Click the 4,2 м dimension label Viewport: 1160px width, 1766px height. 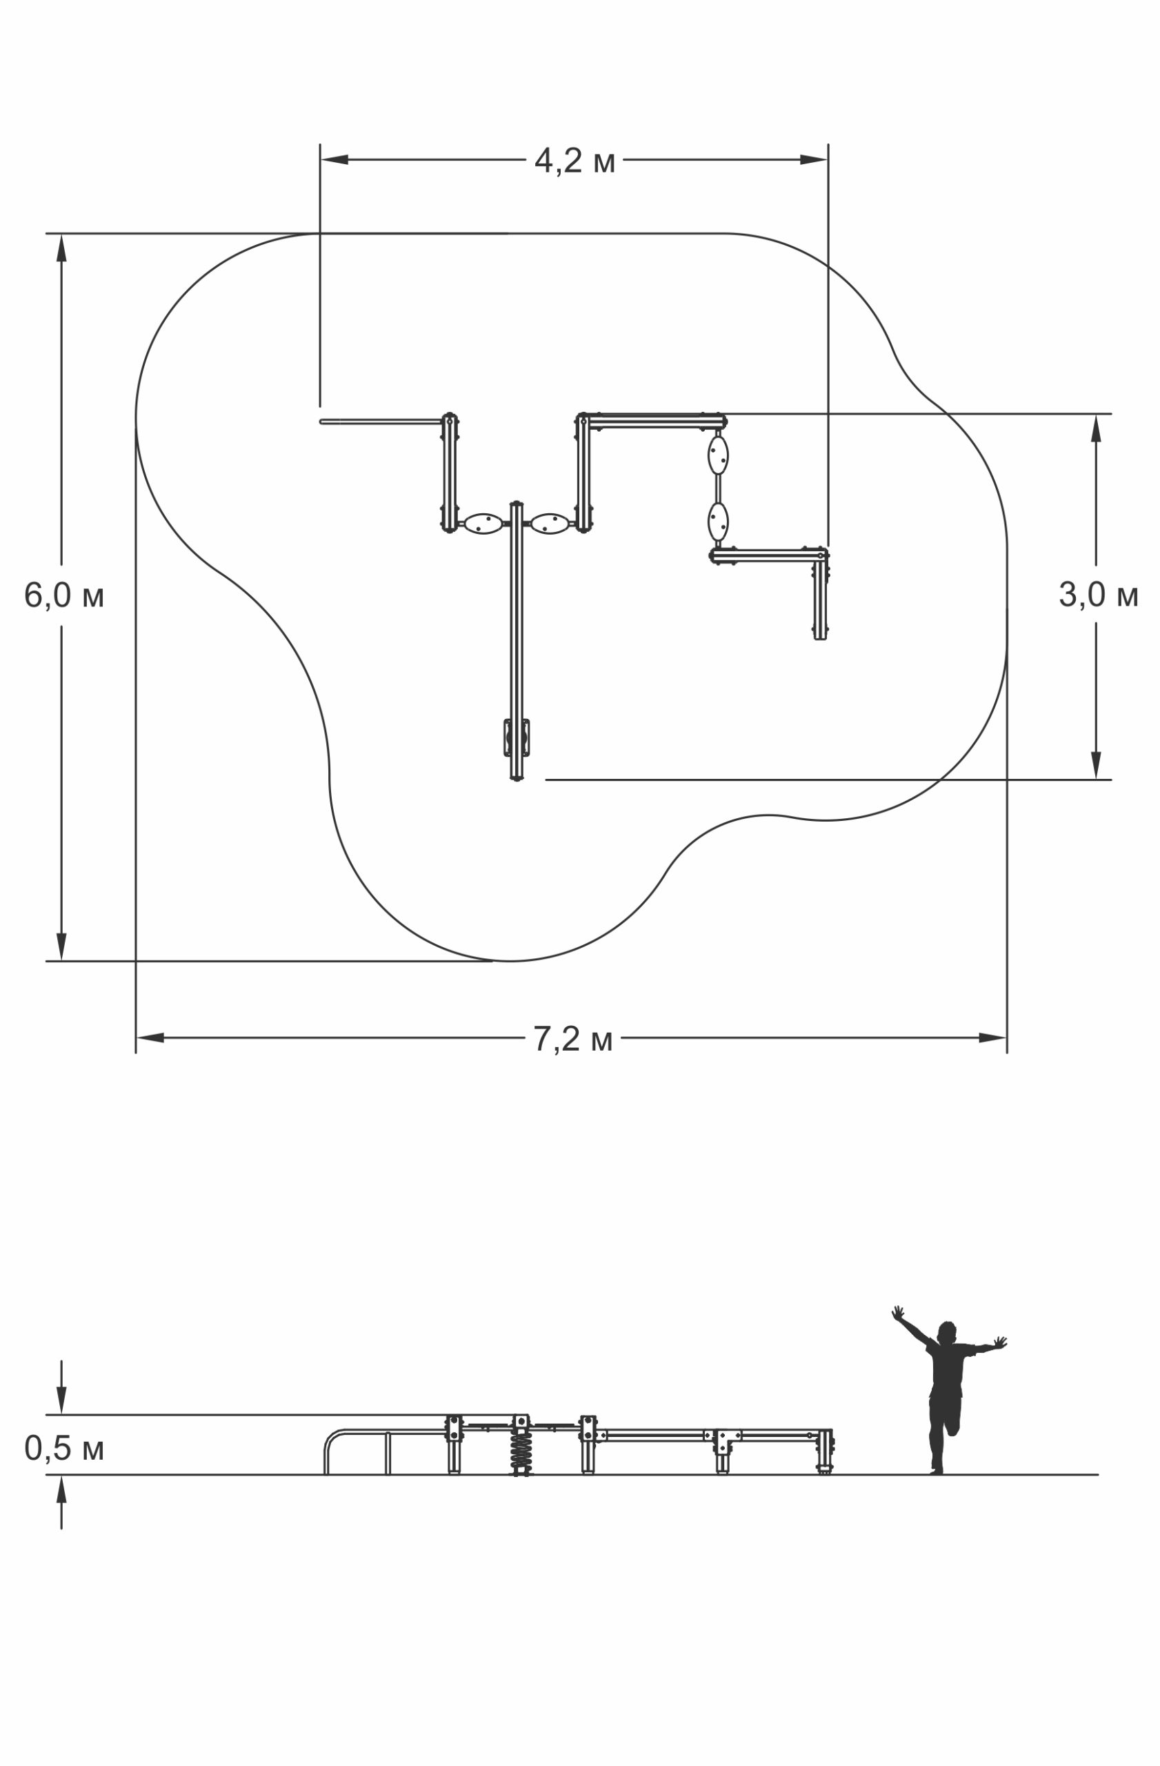tap(574, 161)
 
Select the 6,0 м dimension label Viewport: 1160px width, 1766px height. tap(63, 595)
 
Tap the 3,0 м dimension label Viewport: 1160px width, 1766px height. tap(1098, 595)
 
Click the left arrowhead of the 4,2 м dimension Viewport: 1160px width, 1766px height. tap(334, 159)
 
